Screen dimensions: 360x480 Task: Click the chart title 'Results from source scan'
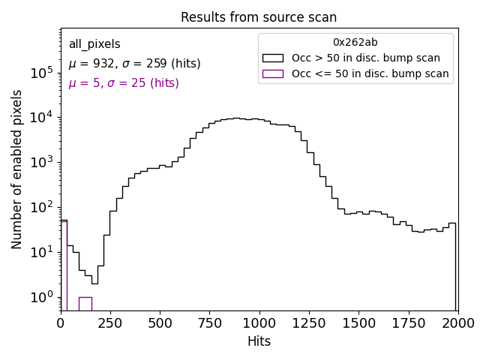click(x=259, y=17)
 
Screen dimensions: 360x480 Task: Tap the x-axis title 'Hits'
click(x=259, y=341)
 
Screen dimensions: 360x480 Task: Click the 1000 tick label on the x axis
click(x=259, y=323)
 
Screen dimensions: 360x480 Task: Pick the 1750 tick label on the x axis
click(x=408, y=323)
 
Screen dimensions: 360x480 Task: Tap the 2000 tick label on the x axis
click(x=457, y=323)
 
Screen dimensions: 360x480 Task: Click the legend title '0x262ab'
click(x=355, y=43)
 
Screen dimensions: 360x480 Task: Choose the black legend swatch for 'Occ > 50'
click(x=272, y=58)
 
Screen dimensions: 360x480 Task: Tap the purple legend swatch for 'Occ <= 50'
click(x=272, y=73)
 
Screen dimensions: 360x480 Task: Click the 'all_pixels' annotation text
click(x=94, y=44)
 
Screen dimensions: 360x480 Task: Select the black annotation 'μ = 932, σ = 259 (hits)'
click(x=134, y=64)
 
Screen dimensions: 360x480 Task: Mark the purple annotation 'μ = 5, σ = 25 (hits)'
click(x=124, y=83)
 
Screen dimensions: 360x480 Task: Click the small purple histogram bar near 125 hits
click(x=85, y=304)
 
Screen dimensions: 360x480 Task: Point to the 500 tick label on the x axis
click(x=160, y=323)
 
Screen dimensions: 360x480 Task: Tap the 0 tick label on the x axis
click(x=61, y=323)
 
